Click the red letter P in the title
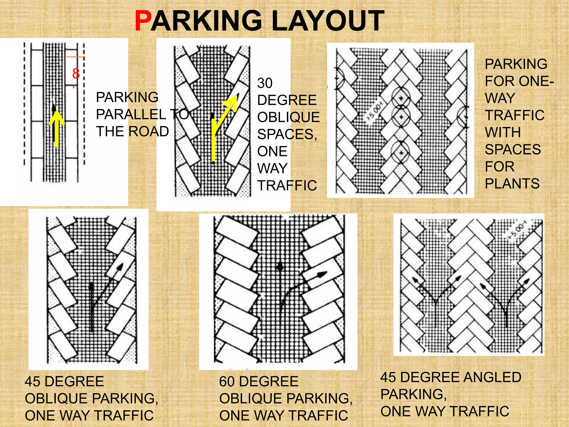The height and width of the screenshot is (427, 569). (x=143, y=21)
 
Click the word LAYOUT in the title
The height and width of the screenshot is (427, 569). (x=328, y=21)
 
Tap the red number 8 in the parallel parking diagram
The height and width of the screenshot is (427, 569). (x=76, y=74)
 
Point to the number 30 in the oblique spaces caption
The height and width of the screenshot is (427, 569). (x=265, y=83)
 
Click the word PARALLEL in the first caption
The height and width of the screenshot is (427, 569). (x=131, y=114)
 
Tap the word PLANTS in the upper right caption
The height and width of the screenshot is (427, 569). (x=512, y=183)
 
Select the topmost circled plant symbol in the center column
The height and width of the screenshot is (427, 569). (x=401, y=98)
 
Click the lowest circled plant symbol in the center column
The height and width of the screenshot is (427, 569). (x=400, y=152)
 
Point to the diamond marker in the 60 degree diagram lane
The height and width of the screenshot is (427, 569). (x=280, y=267)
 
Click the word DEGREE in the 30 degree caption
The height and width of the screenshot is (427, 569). (x=287, y=100)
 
